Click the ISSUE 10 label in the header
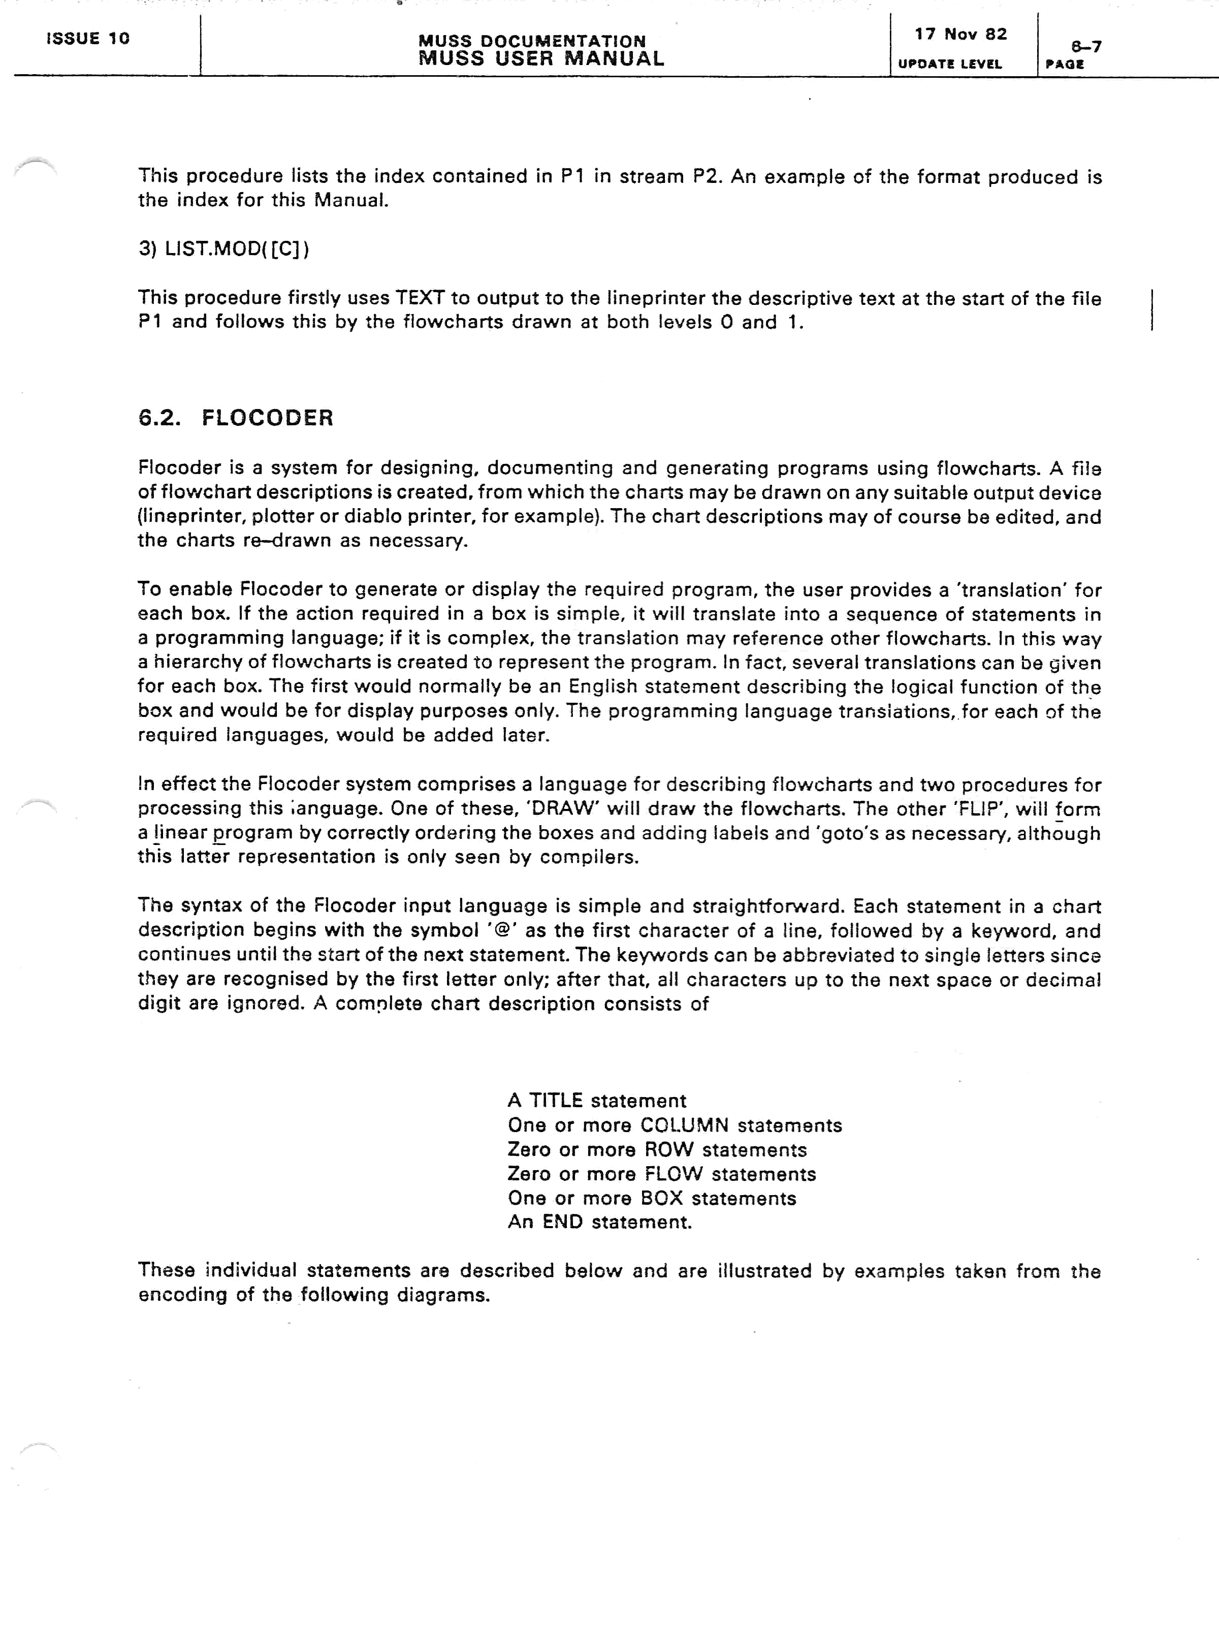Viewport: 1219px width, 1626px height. click(x=88, y=38)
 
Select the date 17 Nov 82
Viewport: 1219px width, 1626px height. click(x=960, y=35)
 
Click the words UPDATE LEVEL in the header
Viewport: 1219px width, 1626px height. click(x=949, y=64)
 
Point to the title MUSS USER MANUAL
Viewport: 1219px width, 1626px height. click(x=541, y=59)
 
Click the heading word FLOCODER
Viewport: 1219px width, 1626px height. click(x=268, y=418)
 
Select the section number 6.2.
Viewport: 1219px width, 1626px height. click(x=158, y=418)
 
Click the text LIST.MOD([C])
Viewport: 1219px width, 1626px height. click(x=237, y=249)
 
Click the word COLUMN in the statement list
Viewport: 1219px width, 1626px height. click(x=684, y=1125)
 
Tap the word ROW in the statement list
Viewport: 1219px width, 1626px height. click(x=668, y=1150)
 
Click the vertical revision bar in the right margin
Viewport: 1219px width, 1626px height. click(x=1151, y=309)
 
